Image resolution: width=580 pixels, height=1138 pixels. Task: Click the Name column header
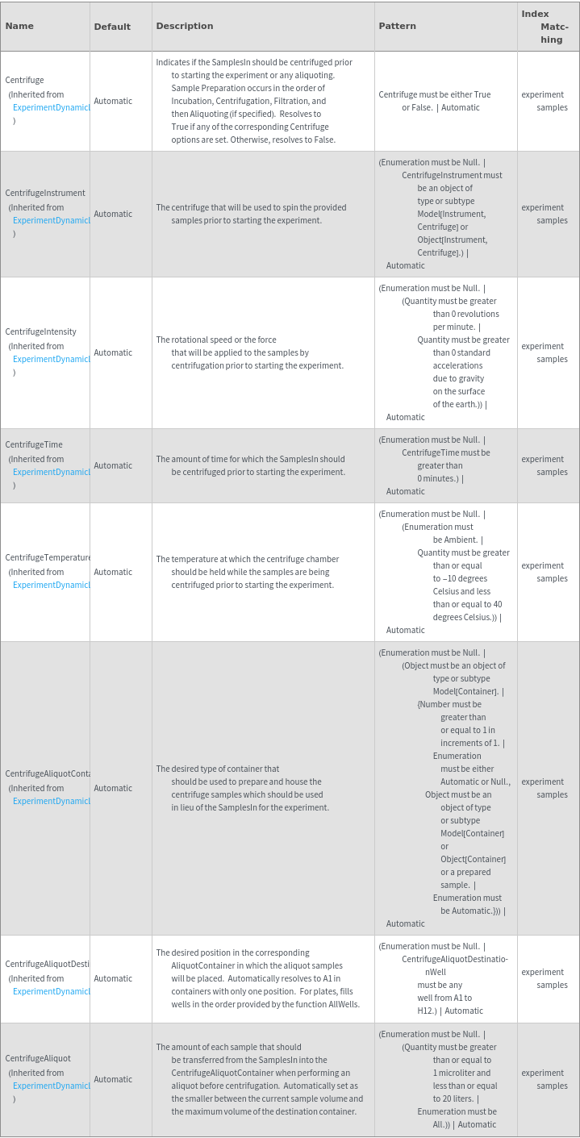(x=19, y=26)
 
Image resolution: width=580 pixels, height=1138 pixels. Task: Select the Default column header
(x=112, y=27)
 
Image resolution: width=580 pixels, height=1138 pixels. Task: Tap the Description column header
(x=185, y=26)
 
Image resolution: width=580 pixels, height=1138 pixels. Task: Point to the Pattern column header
(x=398, y=26)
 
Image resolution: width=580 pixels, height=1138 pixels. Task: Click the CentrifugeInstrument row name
(x=45, y=194)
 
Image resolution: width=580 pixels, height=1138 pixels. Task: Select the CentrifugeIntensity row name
(x=41, y=331)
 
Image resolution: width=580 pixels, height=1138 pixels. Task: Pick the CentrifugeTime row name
(x=34, y=444)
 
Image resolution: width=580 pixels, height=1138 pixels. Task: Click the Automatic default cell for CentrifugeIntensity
(x=113, y=352)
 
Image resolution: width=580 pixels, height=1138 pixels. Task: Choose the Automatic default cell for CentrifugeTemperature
(x=113, y=572)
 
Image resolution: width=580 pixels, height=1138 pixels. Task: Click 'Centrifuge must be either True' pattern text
(x=435, y=94)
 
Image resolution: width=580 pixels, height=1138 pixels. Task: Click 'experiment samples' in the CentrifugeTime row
(x=545, y=465)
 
